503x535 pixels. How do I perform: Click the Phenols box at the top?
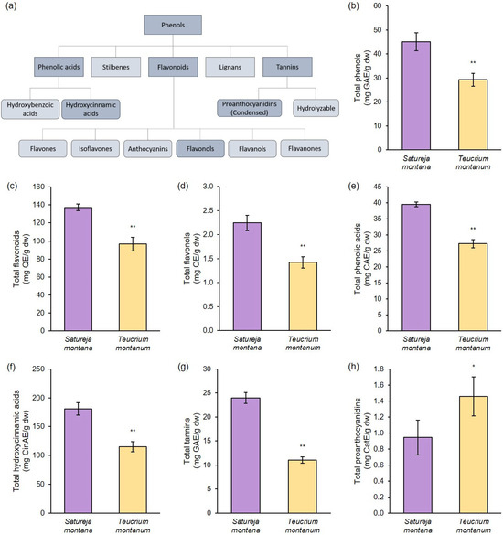173,25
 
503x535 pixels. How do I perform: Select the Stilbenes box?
115,67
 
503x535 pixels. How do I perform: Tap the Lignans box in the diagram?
230,67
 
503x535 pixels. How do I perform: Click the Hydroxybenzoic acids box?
30,109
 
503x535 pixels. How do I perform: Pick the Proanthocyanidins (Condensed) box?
250,108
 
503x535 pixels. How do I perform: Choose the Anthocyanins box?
148,149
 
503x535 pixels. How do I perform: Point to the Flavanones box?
305,148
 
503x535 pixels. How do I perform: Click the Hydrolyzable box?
316,108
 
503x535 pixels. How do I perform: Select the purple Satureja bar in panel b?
416,95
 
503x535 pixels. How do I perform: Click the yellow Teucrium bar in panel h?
474,455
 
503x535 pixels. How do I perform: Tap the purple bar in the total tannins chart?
246,455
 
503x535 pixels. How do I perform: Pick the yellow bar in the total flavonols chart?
303,296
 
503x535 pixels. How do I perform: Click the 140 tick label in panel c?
38,205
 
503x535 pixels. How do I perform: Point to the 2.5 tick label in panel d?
208,210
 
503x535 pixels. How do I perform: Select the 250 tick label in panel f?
38,369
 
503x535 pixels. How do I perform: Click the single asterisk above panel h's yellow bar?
474,367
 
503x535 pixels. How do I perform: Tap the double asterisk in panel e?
473,229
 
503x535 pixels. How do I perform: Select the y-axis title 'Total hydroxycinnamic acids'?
16,441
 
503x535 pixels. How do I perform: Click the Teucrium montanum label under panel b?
474,163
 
